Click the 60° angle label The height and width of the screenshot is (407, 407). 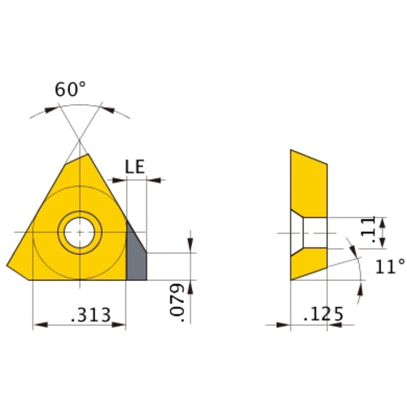point(70,90)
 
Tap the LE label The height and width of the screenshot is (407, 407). point(135,167)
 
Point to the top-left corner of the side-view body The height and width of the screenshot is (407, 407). point(291,151)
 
